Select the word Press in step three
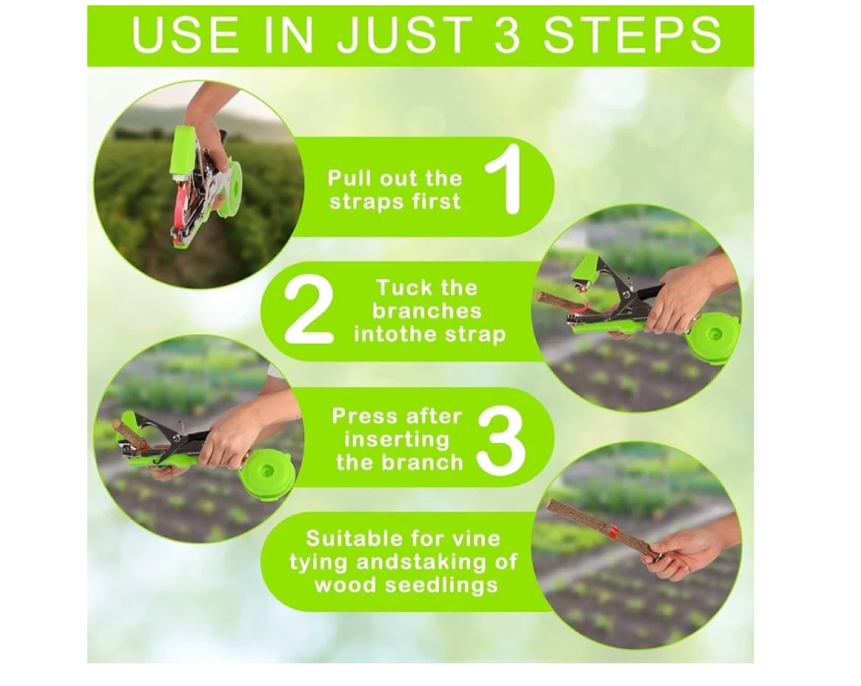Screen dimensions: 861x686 [x=364, y=417]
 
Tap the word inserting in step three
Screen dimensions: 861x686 [x=396, y=440]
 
